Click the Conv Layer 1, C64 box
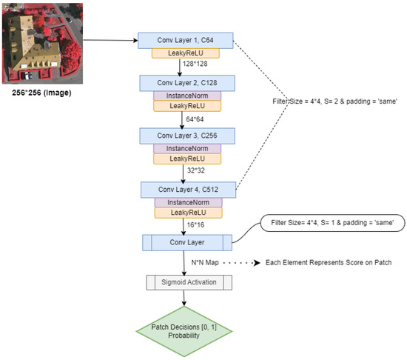coord(186,40)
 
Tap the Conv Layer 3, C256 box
coord(186,136)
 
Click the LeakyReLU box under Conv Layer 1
coord(186,53)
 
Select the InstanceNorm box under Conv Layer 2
coord(186,96)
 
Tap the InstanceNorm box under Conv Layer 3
coord(186,149)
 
